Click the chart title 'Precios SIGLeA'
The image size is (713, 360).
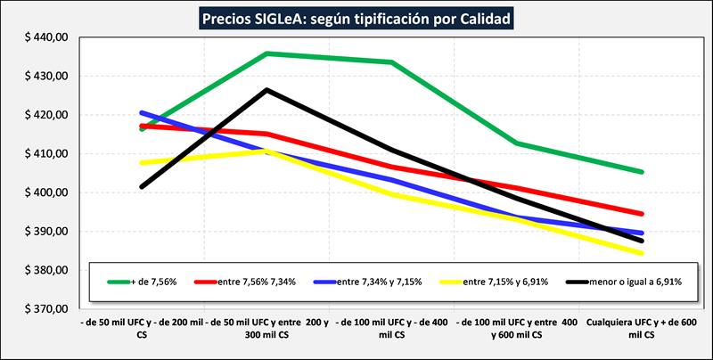click(x=356, y=18)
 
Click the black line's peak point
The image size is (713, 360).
click(x=266, y=89)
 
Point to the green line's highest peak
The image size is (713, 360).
click(x=266, y=53)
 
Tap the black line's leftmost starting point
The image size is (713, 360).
click(x=142, y=187)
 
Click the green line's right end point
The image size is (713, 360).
click(x=642, y=172)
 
